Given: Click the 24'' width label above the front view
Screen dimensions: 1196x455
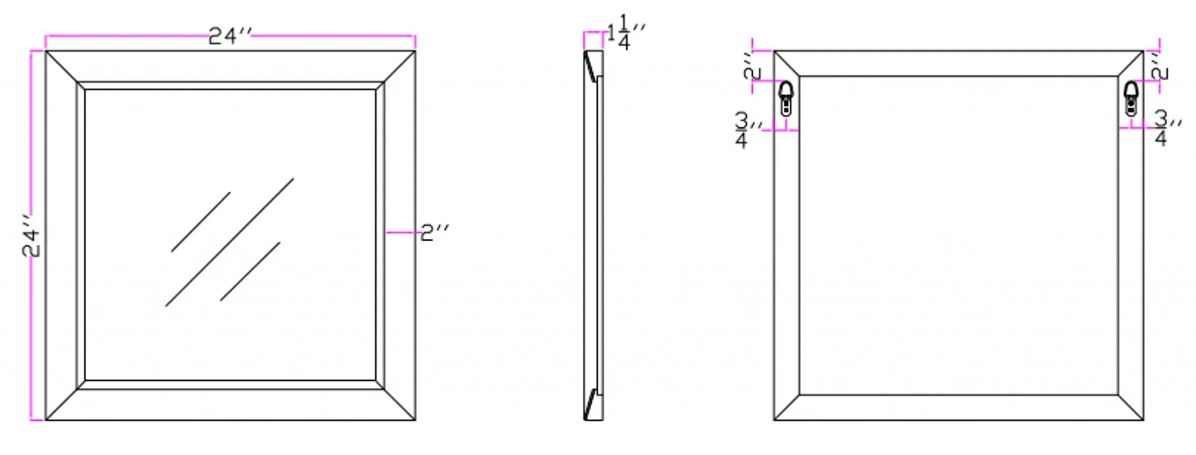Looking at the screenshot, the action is point(230,36).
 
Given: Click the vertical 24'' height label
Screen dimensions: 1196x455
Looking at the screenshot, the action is point(31,235).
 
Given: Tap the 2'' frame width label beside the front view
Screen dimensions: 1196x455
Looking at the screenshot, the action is point(434,232).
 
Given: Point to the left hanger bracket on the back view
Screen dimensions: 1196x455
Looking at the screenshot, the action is point(786,98).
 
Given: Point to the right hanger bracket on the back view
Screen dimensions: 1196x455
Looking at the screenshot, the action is point(1131,98).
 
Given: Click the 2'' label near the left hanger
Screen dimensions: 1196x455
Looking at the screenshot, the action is point(753,65).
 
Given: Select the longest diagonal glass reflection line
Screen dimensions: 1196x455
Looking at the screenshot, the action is point(230,242).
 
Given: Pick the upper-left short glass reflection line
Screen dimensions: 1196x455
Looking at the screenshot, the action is point(200,222).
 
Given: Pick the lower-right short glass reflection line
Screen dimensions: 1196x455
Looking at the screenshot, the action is point(250,272).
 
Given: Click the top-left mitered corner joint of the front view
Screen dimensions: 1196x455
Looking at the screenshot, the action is point(62,67).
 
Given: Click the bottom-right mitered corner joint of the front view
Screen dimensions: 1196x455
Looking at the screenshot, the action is point(400,404).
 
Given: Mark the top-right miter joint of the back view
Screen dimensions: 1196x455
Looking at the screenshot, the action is point(1131,64).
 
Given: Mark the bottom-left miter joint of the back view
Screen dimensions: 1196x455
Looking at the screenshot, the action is point(787,407).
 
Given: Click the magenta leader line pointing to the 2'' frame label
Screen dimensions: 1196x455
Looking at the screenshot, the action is point(402,232).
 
